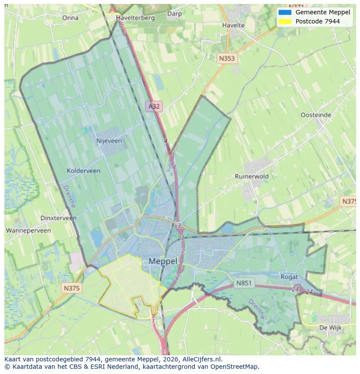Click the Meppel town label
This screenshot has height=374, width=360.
tap(163, 261)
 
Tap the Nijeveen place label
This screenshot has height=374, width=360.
tap(109, 141)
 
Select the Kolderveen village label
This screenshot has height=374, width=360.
tap(83, 171)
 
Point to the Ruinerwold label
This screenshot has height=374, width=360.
tap(252, 176)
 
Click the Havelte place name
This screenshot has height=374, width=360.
tap(233, 25)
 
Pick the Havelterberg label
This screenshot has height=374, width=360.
tap(136, 18)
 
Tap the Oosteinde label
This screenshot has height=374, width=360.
tap(316, 115)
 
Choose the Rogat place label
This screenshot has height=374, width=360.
tap(289, 277)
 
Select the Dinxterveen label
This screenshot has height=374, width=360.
tap(58, 218)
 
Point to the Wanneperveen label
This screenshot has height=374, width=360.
tap(28, 231)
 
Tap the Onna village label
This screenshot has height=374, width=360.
tap(70, 18)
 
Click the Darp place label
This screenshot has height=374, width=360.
tap(174, 14)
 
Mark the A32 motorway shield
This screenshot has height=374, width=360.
tap(154, 106)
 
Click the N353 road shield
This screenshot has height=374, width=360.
tap(227, 58)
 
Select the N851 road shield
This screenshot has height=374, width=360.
tap(244, 283)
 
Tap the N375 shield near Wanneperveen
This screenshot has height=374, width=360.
tap(71, 288)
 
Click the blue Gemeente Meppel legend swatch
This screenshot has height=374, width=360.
tap(285, 13)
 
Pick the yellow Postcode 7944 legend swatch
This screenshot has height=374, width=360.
tap(285, 21)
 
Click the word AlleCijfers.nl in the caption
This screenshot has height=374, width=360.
tap(202, 359)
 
